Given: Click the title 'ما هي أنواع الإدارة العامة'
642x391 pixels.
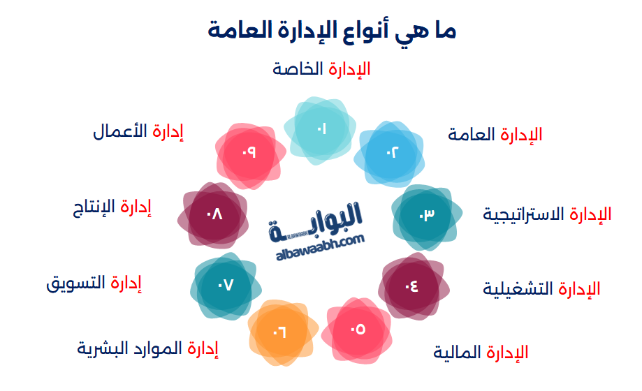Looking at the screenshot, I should click(332, 31).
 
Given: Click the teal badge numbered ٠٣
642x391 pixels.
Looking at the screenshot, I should click(426, 215).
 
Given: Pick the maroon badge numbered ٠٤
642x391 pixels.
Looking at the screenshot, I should click(412, 286).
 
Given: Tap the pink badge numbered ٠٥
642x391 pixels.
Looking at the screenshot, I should click(358, 329).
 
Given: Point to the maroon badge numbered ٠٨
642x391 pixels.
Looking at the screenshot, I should click(214, 215).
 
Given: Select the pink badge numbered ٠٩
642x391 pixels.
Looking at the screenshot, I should click(249, 154).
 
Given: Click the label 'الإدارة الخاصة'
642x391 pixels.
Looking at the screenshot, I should click(321, 69).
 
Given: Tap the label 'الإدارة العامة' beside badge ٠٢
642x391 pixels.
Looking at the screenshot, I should click(495, 135).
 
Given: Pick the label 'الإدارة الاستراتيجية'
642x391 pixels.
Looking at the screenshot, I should click(547, 214).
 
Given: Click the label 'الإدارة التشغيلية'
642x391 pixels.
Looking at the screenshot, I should click(541, 288).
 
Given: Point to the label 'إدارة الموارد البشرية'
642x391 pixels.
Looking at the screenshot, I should click(147, 348).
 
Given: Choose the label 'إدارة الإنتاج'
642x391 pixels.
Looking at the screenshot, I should click(112, 207).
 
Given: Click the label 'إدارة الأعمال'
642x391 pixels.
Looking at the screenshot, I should click(138, 131).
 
